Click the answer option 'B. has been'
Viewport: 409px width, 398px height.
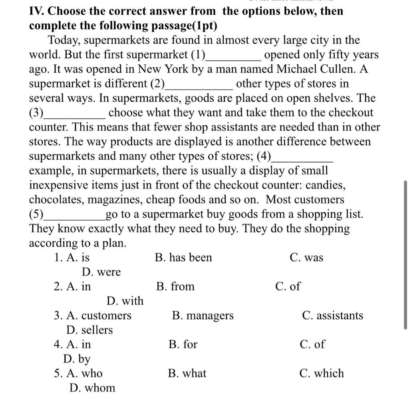(183, 258)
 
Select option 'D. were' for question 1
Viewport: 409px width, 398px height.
(101, 272)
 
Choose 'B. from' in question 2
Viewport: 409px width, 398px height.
(175, 287)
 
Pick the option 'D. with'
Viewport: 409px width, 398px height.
(125, 301)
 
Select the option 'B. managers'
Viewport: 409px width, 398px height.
(203, 316)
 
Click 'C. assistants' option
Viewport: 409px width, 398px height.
(333, 316)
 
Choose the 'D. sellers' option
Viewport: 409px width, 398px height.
(89, 330)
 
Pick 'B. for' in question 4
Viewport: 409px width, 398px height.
(183, 344)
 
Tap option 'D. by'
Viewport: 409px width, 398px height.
(77, 359)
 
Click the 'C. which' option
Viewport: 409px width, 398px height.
(321, 374)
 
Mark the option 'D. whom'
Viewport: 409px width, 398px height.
(92, 388)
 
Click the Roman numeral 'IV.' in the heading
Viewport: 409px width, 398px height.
(38, 11)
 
